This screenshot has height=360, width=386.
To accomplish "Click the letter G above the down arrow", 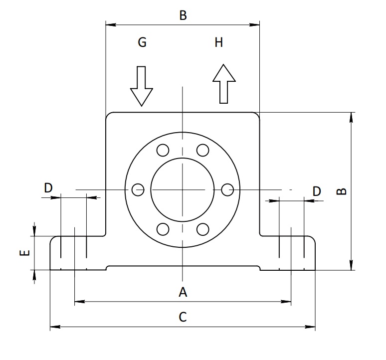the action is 142,42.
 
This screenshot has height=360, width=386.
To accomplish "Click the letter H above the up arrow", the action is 218,42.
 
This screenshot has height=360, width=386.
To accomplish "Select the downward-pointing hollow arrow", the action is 141,86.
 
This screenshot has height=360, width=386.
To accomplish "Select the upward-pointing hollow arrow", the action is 224,84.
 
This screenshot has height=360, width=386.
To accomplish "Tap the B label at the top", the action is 183,15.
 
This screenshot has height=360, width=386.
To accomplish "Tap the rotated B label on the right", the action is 342,191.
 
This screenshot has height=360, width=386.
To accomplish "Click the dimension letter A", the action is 183,292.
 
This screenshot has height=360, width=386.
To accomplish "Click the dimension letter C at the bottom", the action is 183,317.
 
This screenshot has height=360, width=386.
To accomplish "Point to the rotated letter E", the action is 24,252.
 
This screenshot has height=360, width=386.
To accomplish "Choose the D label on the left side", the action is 48,188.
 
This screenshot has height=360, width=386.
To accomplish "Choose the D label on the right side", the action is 317,191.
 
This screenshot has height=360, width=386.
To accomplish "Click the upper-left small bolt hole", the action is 163,150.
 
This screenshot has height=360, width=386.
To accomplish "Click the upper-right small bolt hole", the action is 203,150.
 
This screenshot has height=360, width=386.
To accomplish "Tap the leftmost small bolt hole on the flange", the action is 138,189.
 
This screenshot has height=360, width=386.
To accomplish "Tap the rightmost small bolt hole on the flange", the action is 227,189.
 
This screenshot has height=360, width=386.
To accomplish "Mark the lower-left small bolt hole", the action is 163,229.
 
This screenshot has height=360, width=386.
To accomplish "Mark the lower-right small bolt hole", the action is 203,229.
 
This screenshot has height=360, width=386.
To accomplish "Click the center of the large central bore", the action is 183,189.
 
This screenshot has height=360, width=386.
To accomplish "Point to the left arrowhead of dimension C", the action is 55,327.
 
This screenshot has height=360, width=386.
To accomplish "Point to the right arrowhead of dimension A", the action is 286,302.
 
